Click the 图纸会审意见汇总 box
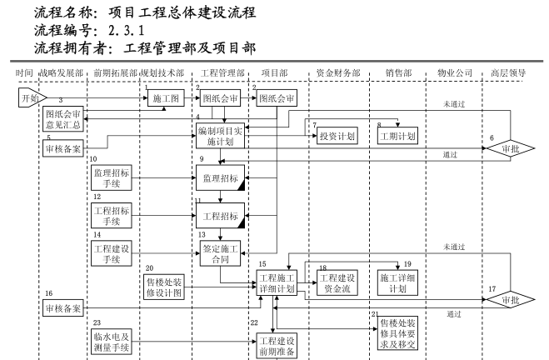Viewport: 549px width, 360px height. pyautogui.click(x=64, y=118)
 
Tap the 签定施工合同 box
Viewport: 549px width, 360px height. pyautogui.click(x=221, y=253)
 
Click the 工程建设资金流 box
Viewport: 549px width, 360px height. pyautogui.click(x=337, y=282)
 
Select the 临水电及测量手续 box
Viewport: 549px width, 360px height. pyautogui.click(x=111, y=342)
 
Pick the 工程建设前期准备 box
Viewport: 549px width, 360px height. pyautogui.click(x=278, y=345)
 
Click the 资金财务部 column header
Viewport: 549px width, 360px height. pyautogui.click(x=338, y=73)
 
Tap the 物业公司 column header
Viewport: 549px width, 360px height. pyautogui.click(x=453, y=73)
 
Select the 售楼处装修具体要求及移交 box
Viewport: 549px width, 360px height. pyautogui.click(x=397, y=332)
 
